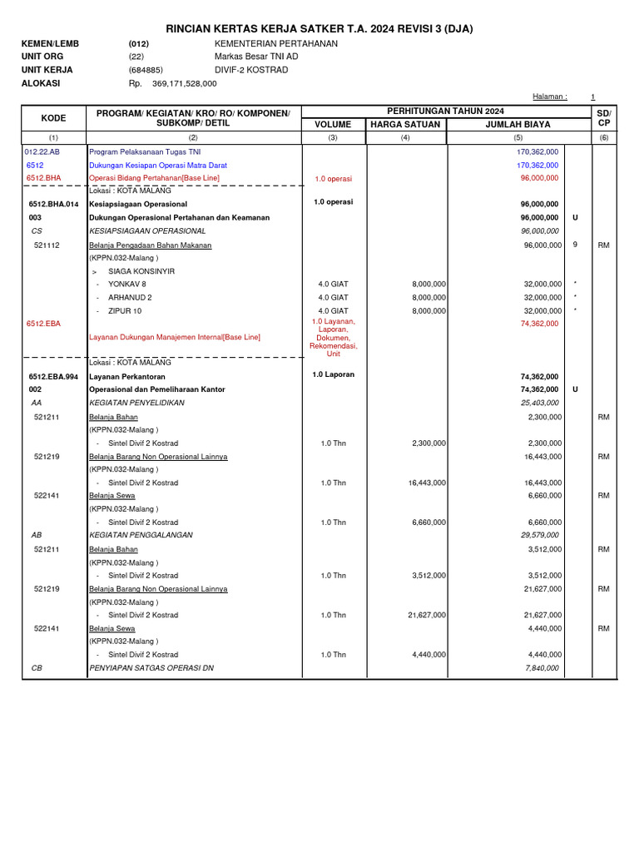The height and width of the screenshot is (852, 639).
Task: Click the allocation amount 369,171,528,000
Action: (x=185, y=84)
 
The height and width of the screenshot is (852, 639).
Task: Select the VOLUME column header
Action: (x=332, y=125)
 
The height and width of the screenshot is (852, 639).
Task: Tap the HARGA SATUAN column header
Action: (x=404, y=125)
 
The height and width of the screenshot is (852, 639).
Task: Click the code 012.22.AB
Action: (x=42, y=152)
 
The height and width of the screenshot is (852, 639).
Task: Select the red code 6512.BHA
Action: (x=44, y=178)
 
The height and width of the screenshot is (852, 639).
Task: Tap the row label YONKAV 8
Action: (x=127, y=285)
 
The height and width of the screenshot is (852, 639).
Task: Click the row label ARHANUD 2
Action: (x=130, y=297)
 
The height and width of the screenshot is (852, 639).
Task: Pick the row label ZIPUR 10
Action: (x=125, y=310)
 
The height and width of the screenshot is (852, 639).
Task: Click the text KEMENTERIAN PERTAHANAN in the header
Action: (x=276, y=43)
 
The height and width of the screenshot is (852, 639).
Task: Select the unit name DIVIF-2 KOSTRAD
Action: (x=251, y=70)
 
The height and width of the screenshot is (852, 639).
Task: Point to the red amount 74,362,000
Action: (x=539, y=324)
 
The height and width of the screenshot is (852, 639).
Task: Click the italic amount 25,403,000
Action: (x=539, y=403)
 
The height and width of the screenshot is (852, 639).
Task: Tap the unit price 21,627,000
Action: (x=427, y=615)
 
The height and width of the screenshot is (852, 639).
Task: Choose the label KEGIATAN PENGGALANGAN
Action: (x=141, y=535)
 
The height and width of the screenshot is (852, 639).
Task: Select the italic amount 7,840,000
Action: (x=542, y=668)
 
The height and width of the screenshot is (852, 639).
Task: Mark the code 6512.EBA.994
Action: (x=53, y=376)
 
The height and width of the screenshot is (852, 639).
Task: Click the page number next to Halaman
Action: (x=592, y=97)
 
